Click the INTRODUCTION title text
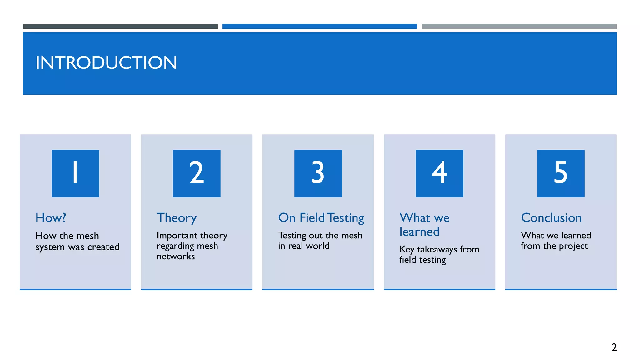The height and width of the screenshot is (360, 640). click(106, 63)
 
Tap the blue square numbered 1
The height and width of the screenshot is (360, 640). click(75, 173)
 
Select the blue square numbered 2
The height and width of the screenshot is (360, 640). click(197, 173)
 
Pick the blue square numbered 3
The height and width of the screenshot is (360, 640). click(318, 173)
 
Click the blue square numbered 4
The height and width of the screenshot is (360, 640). click(439, 173)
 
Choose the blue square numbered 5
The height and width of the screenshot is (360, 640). click(561, 173)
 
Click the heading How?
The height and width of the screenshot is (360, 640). click(51, 218)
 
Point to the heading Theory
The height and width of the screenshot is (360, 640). click(177, 218)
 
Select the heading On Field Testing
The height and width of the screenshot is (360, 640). click(321, 218)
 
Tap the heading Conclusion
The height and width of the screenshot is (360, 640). click(551, 218)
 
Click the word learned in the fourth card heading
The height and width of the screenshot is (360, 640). click(419, 232)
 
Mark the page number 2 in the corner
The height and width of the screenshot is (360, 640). click(614, 347)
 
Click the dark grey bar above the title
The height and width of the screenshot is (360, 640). click(120, 26)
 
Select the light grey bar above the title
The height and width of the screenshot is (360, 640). click(519, 26)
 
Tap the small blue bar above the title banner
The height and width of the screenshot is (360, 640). click(319, 26)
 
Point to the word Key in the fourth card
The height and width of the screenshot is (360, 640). click(407, 249)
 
